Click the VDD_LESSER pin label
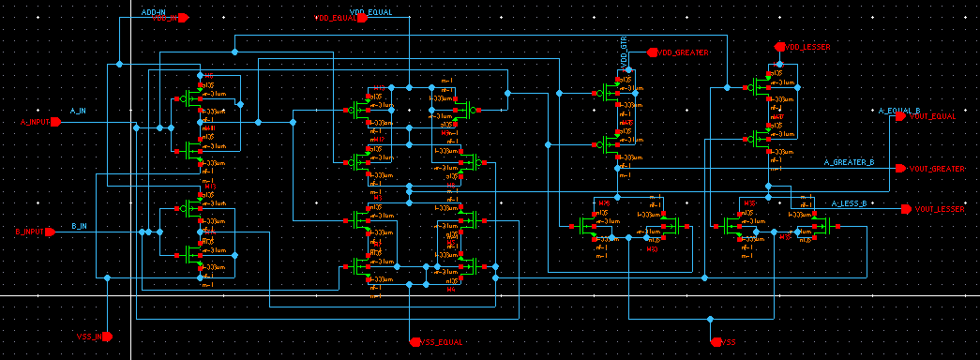coord(807,46)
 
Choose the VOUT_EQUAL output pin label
coord(933,117)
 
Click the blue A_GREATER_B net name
coord(849,162)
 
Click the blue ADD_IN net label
coord(153,11)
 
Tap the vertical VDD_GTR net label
coord(624,52)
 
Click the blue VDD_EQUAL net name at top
coord(370,11)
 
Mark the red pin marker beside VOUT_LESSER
coord(906,209)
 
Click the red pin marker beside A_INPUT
coord(55,123)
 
